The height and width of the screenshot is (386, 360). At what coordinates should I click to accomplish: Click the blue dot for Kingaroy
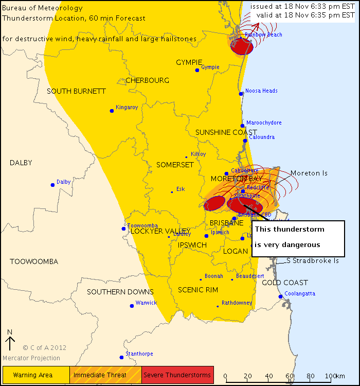point(112,111)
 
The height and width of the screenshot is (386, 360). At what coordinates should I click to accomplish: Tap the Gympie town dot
point(197,70)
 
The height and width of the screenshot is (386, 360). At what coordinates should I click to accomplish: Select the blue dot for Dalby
point(52,185)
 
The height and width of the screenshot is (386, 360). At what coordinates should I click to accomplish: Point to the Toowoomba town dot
point(123,229)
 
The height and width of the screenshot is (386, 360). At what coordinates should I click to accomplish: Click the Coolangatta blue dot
point(280,296)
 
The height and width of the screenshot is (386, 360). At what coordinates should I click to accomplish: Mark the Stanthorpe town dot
point(121,357)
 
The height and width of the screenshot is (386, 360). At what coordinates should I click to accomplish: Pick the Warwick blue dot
point(132,306)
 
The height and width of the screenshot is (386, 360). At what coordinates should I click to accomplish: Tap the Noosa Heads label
point(261,91)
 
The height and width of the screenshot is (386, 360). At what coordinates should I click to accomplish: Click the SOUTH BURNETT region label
point(76,91)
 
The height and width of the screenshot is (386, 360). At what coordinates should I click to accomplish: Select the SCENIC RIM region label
point(198,290)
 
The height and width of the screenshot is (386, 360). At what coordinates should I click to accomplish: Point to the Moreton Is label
point(309,173)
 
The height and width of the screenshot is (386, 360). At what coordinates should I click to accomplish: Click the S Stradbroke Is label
point(313,261)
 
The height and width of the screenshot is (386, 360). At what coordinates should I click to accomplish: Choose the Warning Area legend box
point(36,375)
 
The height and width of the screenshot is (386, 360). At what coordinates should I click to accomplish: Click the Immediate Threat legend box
point(105,375)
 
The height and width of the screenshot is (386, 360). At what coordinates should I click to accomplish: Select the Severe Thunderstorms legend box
point(177,375)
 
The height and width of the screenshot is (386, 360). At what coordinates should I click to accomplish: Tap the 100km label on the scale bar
point(335,376)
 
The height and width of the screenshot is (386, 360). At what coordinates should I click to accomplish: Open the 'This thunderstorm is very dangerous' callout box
point(298,237)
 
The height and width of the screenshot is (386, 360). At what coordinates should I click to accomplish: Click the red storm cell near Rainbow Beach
point(242,46)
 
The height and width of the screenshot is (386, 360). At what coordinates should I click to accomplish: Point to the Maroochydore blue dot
point(242,126)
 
